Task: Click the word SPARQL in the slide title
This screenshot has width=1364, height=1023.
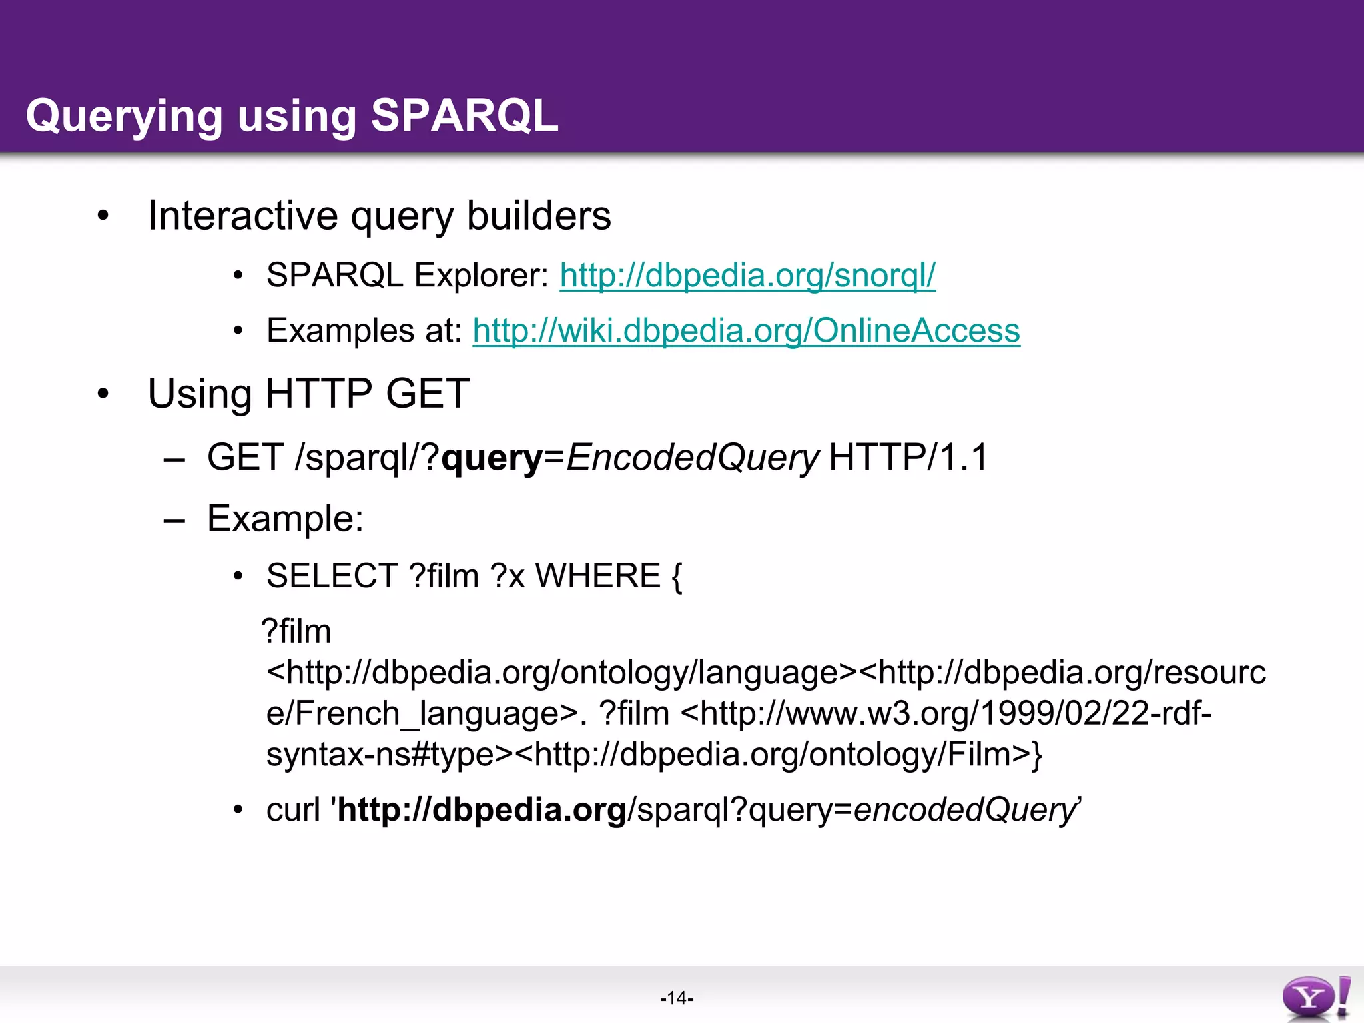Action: [x=464, y=115]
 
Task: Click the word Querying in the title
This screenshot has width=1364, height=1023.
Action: [x=124, y=117]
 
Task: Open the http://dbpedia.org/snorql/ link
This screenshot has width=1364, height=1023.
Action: [x=747, y=275]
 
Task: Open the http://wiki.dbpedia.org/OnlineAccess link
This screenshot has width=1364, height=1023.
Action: [x=746, y=330]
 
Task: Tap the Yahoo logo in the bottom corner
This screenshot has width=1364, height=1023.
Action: [x=1315, y=998]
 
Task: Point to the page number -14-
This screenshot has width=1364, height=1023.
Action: [x=677, y=998]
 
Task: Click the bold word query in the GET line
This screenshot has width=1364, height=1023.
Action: [x=492, y=458]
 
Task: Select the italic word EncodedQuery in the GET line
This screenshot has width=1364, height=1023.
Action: [x=692, y=458]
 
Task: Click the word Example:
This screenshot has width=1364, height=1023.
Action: [x=285, y=518]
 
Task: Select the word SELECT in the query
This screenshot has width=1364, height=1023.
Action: [x=332, y=576]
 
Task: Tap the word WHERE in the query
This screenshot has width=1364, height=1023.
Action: [x=597, y=576]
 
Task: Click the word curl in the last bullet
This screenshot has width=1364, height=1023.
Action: [x=293, y=810]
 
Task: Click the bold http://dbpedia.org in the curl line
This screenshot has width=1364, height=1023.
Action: [x=482, y=810]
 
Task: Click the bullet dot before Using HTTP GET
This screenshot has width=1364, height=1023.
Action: [x=103, y=394]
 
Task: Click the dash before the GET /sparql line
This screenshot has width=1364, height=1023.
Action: [x=174, y=460]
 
